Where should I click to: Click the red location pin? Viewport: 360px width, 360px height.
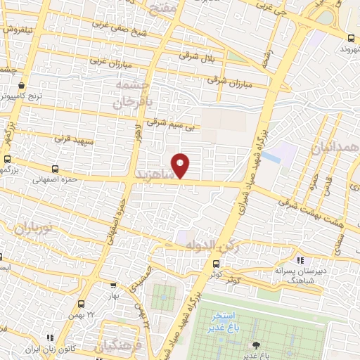(x=181, y=165)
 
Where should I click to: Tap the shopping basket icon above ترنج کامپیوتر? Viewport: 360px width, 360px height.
(x=24, y=86)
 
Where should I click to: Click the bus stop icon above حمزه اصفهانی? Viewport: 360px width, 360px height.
(x=56, y=169)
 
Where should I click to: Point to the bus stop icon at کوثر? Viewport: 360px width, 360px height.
(x=216, y=264)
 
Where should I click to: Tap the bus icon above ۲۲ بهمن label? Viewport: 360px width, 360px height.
(x=82, y=304)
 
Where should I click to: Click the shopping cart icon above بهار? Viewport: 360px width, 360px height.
(x=112, y=285)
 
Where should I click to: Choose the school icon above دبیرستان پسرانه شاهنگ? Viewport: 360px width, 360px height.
(x=301, y=261)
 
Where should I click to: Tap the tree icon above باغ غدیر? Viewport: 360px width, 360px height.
(x=255, y=345)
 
